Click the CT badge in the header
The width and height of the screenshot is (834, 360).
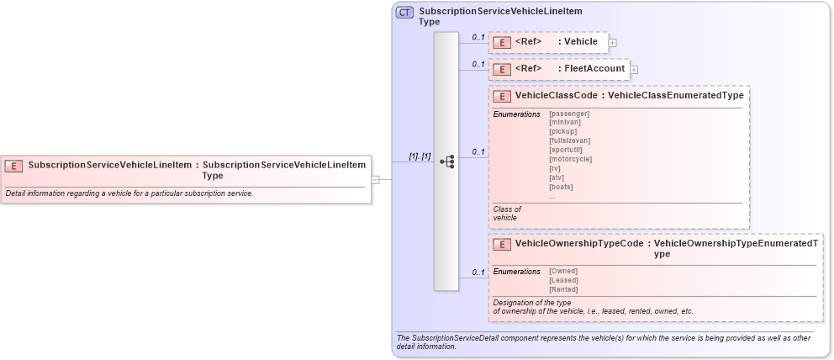click(404, 13)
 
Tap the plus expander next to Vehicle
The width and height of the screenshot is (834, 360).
click(612, 42)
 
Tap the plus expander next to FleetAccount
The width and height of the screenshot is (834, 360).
click(634, 69)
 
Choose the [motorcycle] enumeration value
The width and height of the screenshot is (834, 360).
click(570, 159)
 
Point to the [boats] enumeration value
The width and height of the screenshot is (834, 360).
click(562, 187)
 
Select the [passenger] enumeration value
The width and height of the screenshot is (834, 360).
click(569, 113)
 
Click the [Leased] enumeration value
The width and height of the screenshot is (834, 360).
click(563, 280)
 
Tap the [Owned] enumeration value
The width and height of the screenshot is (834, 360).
click(563, 271)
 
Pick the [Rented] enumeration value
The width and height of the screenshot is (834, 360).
click(563, 289)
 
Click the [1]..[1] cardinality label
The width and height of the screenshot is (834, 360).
click(420, 156)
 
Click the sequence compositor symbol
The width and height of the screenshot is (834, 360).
click(447, 161)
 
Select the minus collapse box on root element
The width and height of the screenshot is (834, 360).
click(376, 179)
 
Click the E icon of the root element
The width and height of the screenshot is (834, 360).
click(14, 166)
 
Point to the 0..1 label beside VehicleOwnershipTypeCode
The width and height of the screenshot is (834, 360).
click(478, 272)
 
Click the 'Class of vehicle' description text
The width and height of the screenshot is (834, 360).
click(507, 214)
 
